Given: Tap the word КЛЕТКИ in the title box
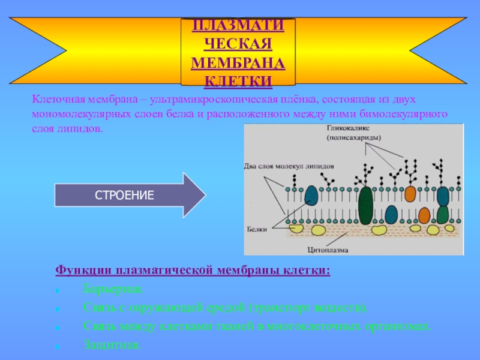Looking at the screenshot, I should point(238,81).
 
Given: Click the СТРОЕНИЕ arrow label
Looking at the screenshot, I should point(125,195).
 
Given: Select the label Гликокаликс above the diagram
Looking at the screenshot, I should point(349,128).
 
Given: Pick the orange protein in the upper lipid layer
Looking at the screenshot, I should point(410,193).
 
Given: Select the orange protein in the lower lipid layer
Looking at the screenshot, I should point(424,214).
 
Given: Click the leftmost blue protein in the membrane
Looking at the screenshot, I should point(312,196).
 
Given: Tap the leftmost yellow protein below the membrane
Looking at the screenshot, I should point(296,227).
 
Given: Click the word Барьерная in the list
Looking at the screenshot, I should point(113,290).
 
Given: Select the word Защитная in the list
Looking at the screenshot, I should point(111,345).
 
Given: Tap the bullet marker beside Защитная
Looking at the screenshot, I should point(56,346).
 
